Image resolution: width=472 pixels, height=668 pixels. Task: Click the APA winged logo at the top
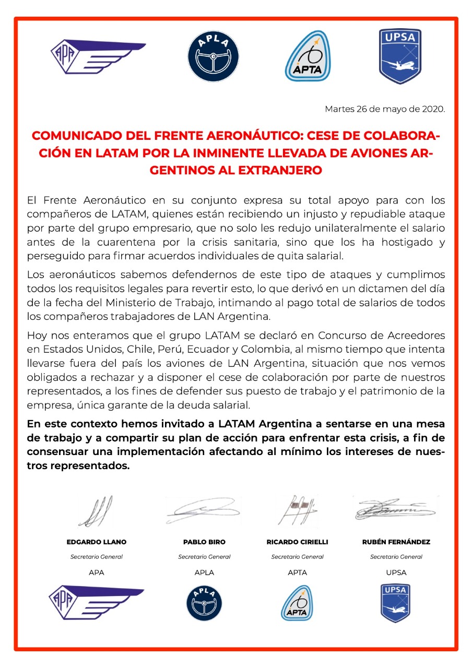point(97,55)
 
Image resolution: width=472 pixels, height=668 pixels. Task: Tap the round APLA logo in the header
point(213,56)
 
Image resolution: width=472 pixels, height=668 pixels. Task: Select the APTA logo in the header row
point(308,56)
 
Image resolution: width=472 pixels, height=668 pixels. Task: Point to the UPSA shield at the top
point(400,56)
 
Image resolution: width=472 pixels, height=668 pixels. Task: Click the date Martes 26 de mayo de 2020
point(385,109)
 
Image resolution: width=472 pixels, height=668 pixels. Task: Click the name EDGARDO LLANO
point(97,542)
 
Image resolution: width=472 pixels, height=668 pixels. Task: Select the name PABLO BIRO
point(204,542)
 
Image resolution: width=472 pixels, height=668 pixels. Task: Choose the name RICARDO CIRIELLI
point(297,542)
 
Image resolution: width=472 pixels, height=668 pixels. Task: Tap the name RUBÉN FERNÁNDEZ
point(396,542)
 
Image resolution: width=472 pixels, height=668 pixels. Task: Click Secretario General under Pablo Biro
point(204,557)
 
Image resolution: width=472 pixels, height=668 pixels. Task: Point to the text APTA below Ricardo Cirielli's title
point(297,572)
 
